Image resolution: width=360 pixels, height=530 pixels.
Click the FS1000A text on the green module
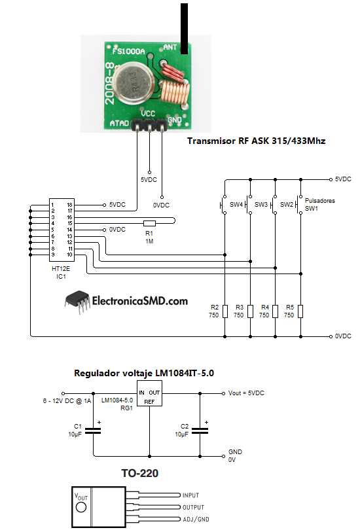(128, 51)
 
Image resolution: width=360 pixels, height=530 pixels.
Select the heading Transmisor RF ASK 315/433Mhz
(256, 141)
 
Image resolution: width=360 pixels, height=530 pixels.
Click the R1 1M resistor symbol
(149, 223)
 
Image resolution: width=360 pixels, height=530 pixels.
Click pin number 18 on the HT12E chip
(69, 205)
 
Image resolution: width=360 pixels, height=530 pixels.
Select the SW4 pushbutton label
(236, 205)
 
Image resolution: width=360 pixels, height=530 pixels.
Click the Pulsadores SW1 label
(319, 204)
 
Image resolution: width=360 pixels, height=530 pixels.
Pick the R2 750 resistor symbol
(225, 311)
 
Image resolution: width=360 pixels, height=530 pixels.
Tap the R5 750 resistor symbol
(300, 311)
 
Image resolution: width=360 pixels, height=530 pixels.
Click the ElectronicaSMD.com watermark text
(140, 301)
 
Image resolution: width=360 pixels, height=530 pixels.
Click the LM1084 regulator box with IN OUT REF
(150, 397)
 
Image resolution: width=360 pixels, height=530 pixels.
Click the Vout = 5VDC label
(248, 393)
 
